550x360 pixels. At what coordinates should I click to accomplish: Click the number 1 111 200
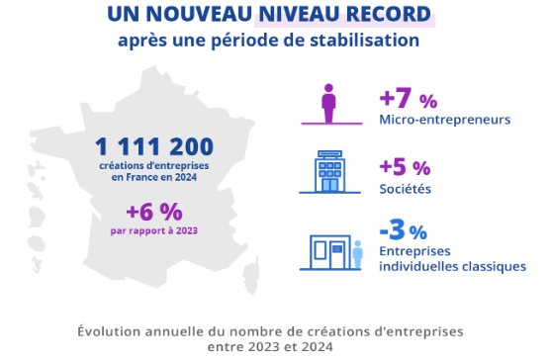[x=154, y=146]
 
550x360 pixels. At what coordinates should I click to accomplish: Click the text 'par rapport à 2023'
[x=154, y=230]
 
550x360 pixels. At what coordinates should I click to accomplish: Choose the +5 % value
[x=405, y=168]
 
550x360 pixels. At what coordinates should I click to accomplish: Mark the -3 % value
[x=403, y=232]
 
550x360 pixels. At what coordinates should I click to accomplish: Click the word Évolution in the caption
[x=112, y=329]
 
